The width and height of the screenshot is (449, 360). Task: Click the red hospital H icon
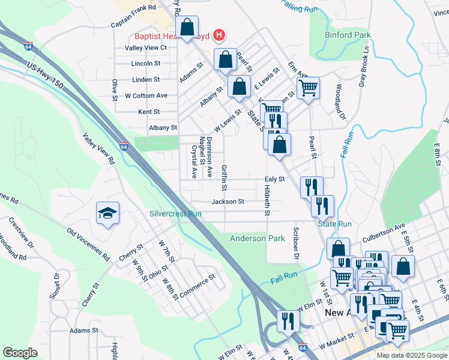click(219, 35)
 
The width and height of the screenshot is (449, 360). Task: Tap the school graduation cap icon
click(108, 214)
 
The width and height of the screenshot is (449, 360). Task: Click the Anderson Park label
click(258, 238)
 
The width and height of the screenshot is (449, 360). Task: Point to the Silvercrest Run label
click(175, 214)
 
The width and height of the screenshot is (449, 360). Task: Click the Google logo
click(20, 353)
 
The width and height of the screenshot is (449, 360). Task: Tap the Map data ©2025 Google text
click(411, 355)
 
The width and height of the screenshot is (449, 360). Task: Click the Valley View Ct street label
click(146, 47)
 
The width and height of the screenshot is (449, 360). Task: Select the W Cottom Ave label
click(146, 95)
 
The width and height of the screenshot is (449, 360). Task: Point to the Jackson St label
click(228, 202)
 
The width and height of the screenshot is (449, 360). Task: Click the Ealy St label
click(273, 179)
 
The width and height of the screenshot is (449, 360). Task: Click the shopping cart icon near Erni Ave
click(308, 88)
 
